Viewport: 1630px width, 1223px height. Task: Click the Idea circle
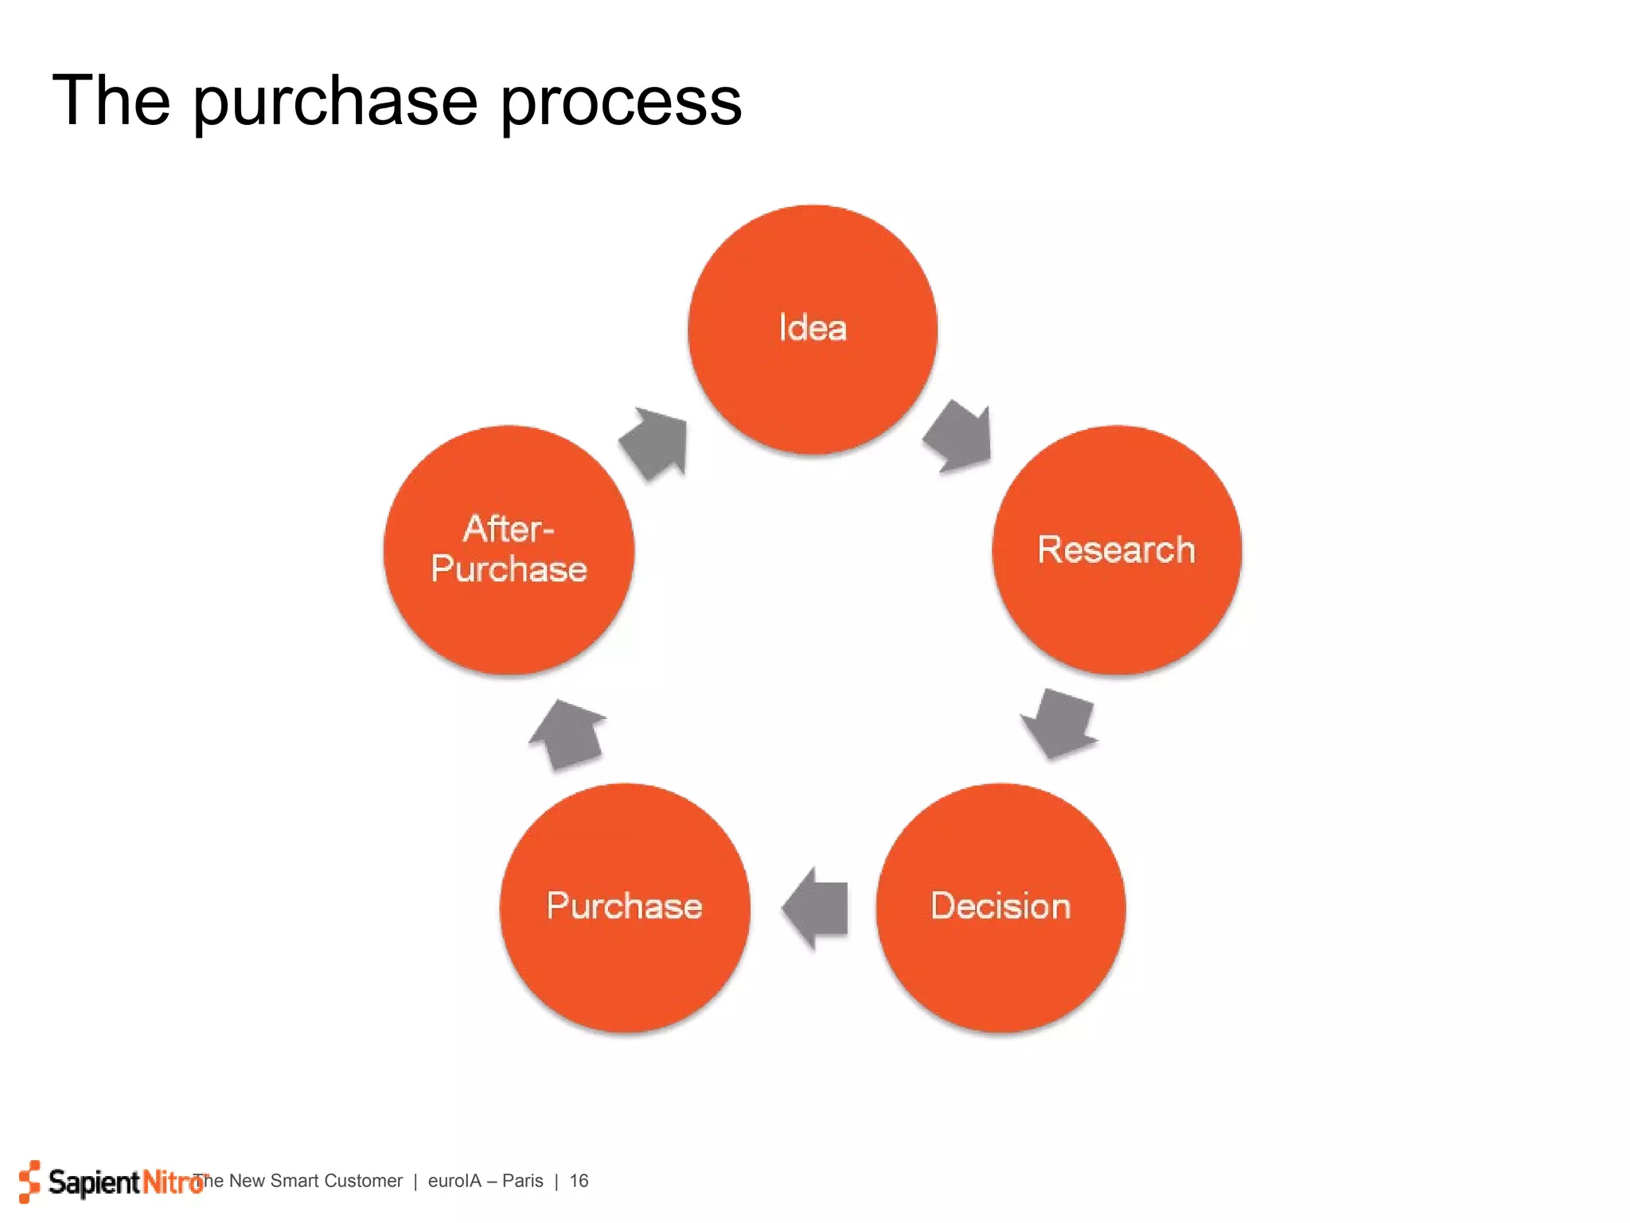(813, 330)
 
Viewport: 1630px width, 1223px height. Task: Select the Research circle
(1117, 550)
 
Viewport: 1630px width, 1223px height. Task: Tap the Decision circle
(1000, 908)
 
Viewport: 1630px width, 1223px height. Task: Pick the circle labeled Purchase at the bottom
(625, 908)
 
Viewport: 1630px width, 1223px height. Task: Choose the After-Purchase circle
(509, 550)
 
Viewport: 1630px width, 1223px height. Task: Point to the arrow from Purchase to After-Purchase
(568, 735)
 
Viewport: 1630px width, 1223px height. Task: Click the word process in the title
(621, 102)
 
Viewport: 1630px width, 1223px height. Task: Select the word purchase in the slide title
(335, 102)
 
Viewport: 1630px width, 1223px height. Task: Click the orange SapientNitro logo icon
(29, 1181)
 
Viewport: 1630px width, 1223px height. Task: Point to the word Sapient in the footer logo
(94, 1182)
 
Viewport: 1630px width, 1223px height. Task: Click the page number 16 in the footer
(579, 1181)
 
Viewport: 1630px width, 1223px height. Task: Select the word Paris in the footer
(522, 1181)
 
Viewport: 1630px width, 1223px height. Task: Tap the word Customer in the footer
(364, 1181)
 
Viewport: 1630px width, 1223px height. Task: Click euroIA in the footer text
(454, 1181)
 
